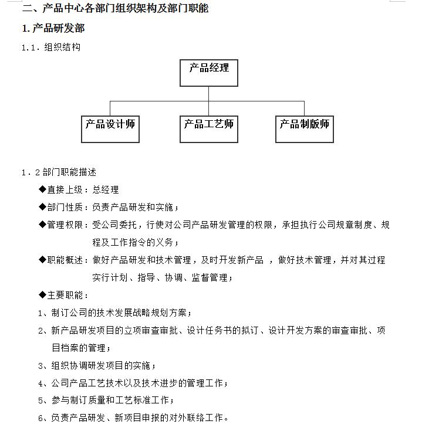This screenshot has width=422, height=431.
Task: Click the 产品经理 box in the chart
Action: click(209, 72)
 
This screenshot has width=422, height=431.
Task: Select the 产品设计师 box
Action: click(110, 128)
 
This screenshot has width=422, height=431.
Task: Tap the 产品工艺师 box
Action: click(208, 128)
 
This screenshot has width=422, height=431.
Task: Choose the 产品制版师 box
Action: click(304, 128)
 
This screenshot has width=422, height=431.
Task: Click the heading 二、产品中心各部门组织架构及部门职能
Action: click(115, 8)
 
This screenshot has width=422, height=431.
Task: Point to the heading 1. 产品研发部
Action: click(53, 29)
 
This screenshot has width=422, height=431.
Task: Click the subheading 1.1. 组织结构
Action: click(51, 47)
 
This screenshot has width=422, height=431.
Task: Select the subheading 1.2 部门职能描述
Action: click(59, 172)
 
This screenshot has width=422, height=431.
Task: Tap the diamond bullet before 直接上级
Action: click(42, 189)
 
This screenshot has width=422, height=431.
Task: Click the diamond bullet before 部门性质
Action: click(42, 207)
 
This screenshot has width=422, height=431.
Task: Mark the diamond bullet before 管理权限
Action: click(42, 225)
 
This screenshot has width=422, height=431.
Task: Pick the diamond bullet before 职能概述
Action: click(42, 260)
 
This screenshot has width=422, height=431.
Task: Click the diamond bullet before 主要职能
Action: click(42, 295)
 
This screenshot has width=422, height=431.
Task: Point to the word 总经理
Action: click(106, 189)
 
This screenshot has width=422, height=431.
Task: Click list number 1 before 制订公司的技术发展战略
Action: click(41, 313)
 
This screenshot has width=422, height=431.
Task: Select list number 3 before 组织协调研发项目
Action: click(41, 366)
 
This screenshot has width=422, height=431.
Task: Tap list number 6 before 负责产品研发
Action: click(41, 418)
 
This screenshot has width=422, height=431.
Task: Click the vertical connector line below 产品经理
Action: click(208, 94)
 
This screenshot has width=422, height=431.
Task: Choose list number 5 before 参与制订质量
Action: click(41, 401)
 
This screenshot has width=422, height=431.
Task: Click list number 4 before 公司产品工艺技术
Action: click(41, 384)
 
